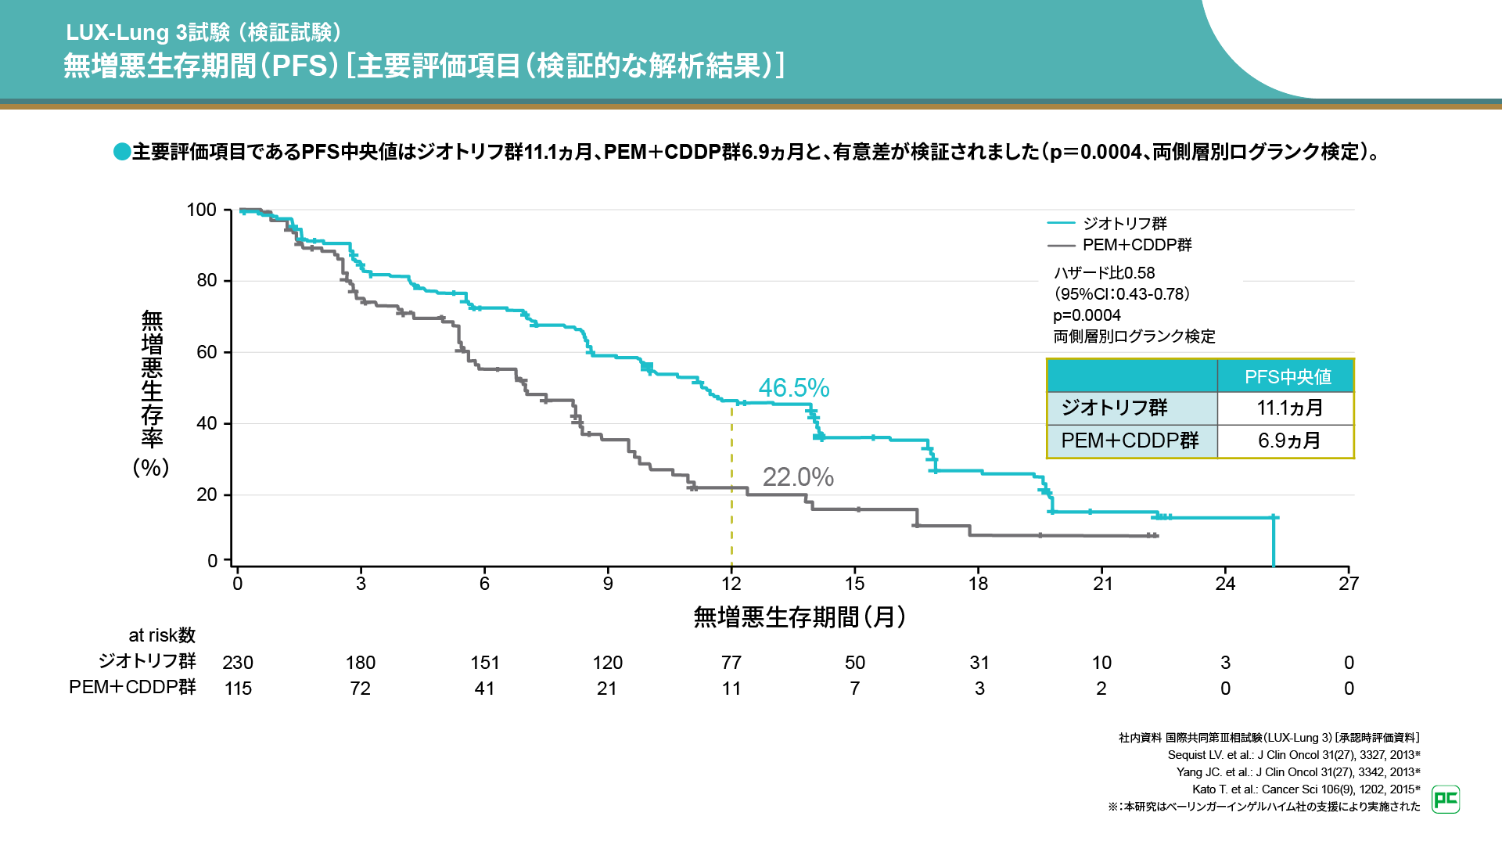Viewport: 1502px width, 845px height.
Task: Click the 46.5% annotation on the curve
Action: (793, 387)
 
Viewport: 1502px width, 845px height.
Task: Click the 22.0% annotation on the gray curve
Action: (798, 476)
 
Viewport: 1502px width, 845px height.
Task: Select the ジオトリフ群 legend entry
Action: (1124, 224)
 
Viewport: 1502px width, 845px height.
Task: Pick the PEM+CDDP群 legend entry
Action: (1137, 245)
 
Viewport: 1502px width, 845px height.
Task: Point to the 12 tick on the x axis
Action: (731, 584)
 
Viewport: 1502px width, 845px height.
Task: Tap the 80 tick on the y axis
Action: (207, 280)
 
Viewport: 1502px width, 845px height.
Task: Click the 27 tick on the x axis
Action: (1349, 584)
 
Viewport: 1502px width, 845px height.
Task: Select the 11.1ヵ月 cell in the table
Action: (1289, 408)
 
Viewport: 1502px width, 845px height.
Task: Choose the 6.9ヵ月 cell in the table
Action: (1289, 440)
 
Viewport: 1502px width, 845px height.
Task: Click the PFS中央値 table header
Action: (1288, 376)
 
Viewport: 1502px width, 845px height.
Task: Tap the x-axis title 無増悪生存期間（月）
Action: (800, 617)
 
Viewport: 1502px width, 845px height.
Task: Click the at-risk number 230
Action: (238, 663)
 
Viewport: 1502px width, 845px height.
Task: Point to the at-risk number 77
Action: (731, 663)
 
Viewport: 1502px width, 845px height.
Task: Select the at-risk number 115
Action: (238, 689)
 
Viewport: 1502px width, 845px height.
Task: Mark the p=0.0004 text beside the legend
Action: (1087, 315)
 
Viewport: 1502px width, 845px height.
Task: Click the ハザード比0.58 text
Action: (1104, 273)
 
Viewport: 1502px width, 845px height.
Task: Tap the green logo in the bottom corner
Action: (1446, 800)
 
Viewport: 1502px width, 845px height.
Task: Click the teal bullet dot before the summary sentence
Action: (122, 151)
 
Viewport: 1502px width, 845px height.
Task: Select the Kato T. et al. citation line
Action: (1306, 789)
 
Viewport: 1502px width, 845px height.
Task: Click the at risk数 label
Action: (162, 635)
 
